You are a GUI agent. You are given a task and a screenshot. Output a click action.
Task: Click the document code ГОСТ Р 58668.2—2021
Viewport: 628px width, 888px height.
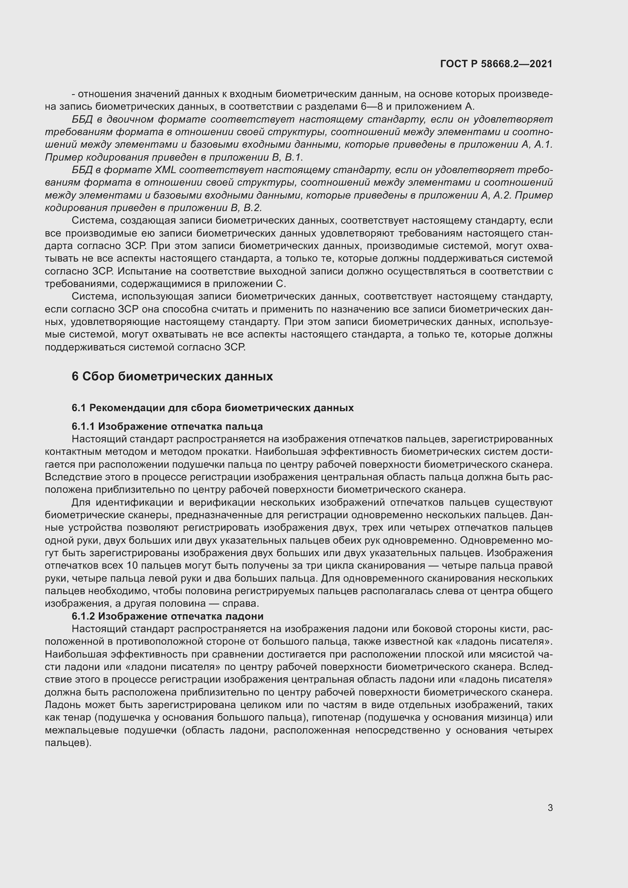point(496,64)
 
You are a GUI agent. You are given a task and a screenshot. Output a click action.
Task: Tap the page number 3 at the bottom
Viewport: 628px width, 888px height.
point(550,808)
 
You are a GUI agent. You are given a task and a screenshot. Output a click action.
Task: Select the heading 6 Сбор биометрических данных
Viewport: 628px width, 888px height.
point(172,376)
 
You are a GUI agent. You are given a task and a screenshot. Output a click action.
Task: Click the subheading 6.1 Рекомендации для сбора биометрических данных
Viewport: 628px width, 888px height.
point(212,408)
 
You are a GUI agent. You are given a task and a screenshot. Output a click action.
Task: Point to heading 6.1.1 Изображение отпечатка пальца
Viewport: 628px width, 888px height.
point(167,426)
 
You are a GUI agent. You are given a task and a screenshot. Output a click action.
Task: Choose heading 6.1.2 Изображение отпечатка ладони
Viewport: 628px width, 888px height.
point(167,616)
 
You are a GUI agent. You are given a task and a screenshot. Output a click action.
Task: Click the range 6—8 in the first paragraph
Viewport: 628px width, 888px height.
point(372,107)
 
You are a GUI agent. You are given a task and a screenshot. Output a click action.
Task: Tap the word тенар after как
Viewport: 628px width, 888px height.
point(77,717)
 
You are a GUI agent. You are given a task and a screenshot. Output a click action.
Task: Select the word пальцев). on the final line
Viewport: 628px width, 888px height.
point(68,743)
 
